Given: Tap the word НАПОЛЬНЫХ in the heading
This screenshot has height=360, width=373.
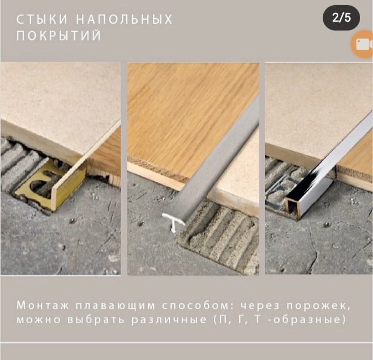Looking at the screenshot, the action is [x=124, y=20].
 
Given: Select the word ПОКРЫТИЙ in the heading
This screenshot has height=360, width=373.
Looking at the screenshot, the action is [x=59, y=36].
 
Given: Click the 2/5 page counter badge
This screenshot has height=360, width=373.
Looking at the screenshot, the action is [x=341, y=18].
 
